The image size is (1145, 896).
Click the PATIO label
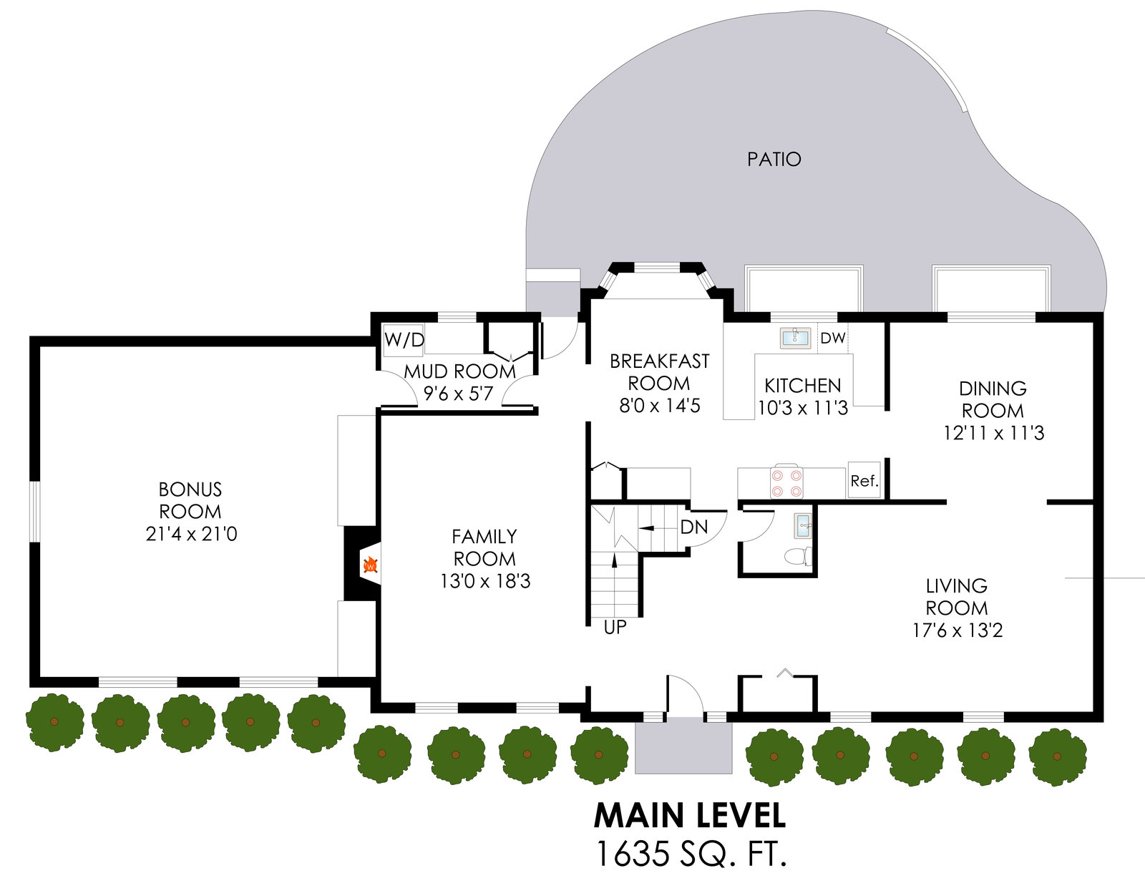pos(774,159)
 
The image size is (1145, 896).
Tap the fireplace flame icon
pos(370,566)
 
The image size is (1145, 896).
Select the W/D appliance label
pos(404,339)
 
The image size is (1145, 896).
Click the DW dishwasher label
pos(832,338)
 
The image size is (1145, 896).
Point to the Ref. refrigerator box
pos(864,481)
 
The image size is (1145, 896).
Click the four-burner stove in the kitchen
pos(786,482)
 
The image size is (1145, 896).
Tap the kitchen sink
pos(795,337)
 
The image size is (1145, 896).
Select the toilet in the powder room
pos(797,556)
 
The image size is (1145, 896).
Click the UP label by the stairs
pos(615,628)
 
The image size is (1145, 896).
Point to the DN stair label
pos(693,527)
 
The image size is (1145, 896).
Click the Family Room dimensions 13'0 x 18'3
pos(485,581)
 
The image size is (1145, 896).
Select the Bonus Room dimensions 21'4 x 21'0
pos(191,534)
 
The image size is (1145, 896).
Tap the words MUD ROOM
pos(459,371)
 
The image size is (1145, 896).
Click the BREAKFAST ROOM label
pos(659,372)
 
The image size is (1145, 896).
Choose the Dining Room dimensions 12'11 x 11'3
pos(993,433)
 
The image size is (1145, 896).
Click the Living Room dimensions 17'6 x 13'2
pos(958,630)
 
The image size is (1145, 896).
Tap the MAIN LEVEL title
pos(690,815)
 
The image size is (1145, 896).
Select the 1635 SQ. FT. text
pos(691,854)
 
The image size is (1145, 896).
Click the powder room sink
pos(803,526)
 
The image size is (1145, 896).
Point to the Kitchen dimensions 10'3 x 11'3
pos(803,408)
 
